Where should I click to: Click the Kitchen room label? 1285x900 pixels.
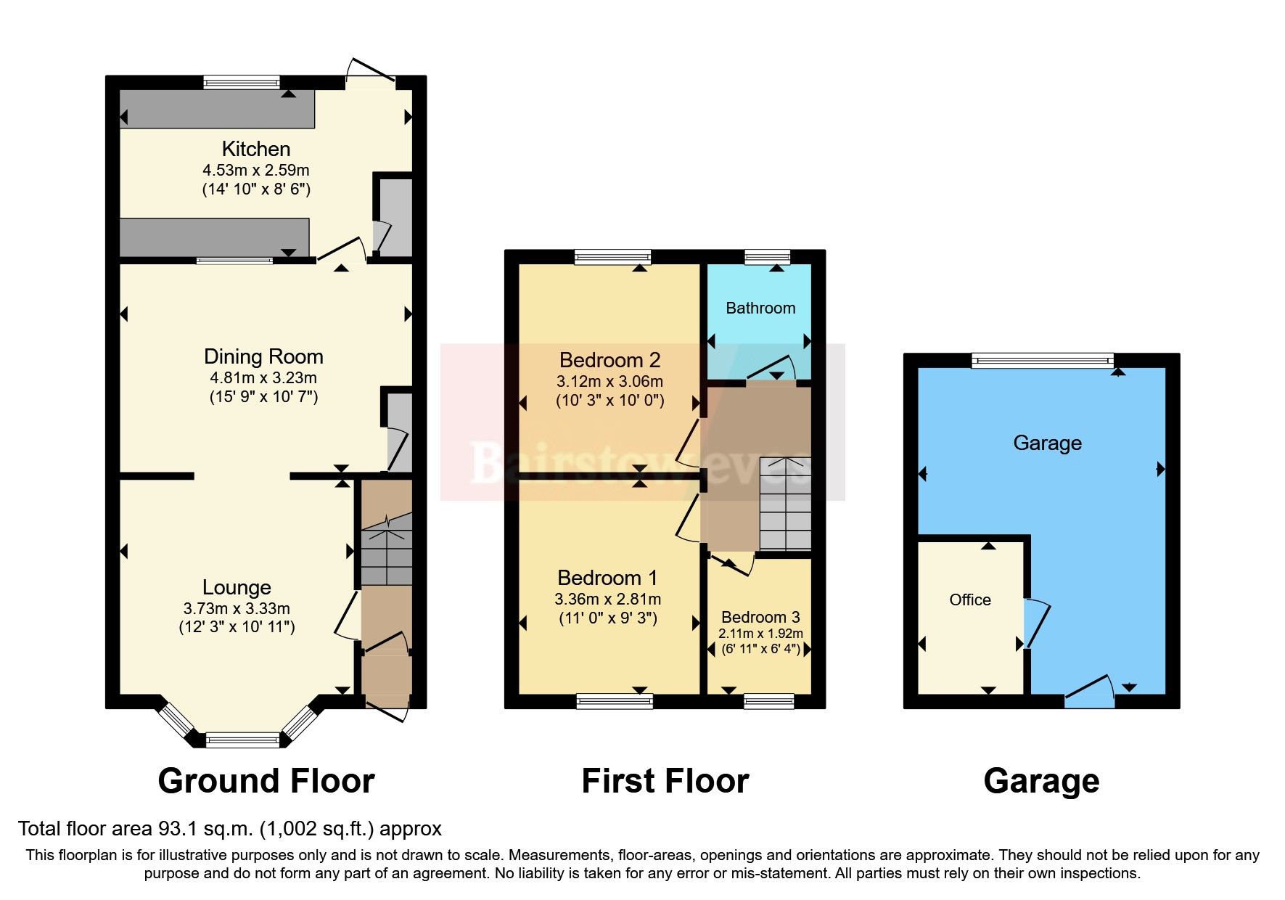[x=255, y=149]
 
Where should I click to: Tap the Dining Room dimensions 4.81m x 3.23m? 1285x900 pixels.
[x=263, y=377]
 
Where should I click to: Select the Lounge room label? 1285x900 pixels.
[x=237, y=587]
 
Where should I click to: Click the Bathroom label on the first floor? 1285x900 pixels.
[x=760, y=308]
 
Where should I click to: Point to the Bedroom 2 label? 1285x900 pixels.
[x=609, y=360]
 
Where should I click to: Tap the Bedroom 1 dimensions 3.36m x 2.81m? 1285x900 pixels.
[x=607, y=599]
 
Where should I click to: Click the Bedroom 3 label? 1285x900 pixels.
[x=760, y=617]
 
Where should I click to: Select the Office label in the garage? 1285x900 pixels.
[x=969, y=600]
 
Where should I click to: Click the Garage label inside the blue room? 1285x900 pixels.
[x=1047, y=443]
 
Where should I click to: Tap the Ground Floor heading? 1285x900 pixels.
[x=266, y=781]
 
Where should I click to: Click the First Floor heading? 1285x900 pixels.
[x=665, y=781]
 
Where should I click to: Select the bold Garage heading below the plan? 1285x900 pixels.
[x=1041, y=781]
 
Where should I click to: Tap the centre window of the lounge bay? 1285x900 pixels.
[x=242, y=740]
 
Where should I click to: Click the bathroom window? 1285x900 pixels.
[x=767, y=256]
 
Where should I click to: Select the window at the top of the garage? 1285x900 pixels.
[x=1043, y=360]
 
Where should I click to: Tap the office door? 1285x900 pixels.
[x=1036, y=624]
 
